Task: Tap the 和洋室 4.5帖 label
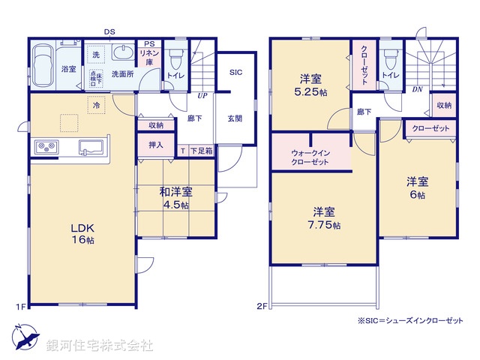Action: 174,199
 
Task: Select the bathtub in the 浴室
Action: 44,59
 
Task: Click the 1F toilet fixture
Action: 175,58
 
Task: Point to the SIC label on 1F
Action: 235,73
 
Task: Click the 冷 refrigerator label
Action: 96,106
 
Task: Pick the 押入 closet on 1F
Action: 155,144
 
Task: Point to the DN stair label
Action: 416,88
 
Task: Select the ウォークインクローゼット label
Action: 310,157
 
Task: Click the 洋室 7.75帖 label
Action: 324,218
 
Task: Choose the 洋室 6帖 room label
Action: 417,187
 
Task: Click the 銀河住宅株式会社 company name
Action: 99,346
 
